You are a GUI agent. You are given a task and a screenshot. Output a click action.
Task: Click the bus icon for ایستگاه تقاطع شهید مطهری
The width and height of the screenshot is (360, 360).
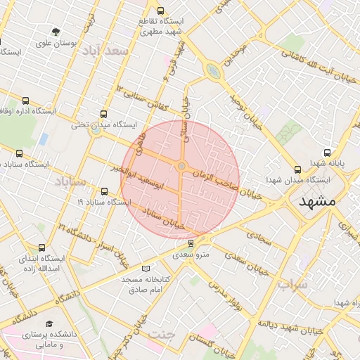click(x=161, y=11)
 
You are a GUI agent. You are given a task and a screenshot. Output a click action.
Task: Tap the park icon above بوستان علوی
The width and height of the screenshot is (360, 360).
click(x=55, y=31)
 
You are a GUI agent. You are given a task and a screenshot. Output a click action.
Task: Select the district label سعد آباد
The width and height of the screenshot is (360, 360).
click(x=106, y=51)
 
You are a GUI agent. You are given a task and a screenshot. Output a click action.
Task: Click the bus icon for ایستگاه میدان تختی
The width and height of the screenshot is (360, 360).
click(x=104, y=113)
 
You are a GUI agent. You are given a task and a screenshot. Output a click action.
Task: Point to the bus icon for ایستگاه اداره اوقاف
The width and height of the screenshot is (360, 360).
click(x=26, y=101)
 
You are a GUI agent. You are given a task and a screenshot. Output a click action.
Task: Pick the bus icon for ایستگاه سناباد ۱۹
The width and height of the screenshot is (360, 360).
click(x=105, y=191)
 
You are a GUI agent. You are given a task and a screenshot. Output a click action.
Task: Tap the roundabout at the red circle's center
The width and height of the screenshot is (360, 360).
click(x=181, y=166)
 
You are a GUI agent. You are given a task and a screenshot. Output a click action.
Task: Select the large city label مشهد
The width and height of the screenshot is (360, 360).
click(x=319, y=201)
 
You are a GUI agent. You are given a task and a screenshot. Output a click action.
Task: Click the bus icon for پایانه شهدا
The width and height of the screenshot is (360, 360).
click(x=327, y=153)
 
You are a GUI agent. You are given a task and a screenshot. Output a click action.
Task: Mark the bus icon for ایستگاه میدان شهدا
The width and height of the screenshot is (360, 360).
click(x=297, y=169)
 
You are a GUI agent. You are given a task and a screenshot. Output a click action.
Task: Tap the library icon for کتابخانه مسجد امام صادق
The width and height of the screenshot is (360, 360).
click(x=146, y=269)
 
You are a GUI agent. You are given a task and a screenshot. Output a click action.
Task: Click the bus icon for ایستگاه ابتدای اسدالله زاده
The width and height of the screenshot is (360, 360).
click(x=41, y=247)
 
